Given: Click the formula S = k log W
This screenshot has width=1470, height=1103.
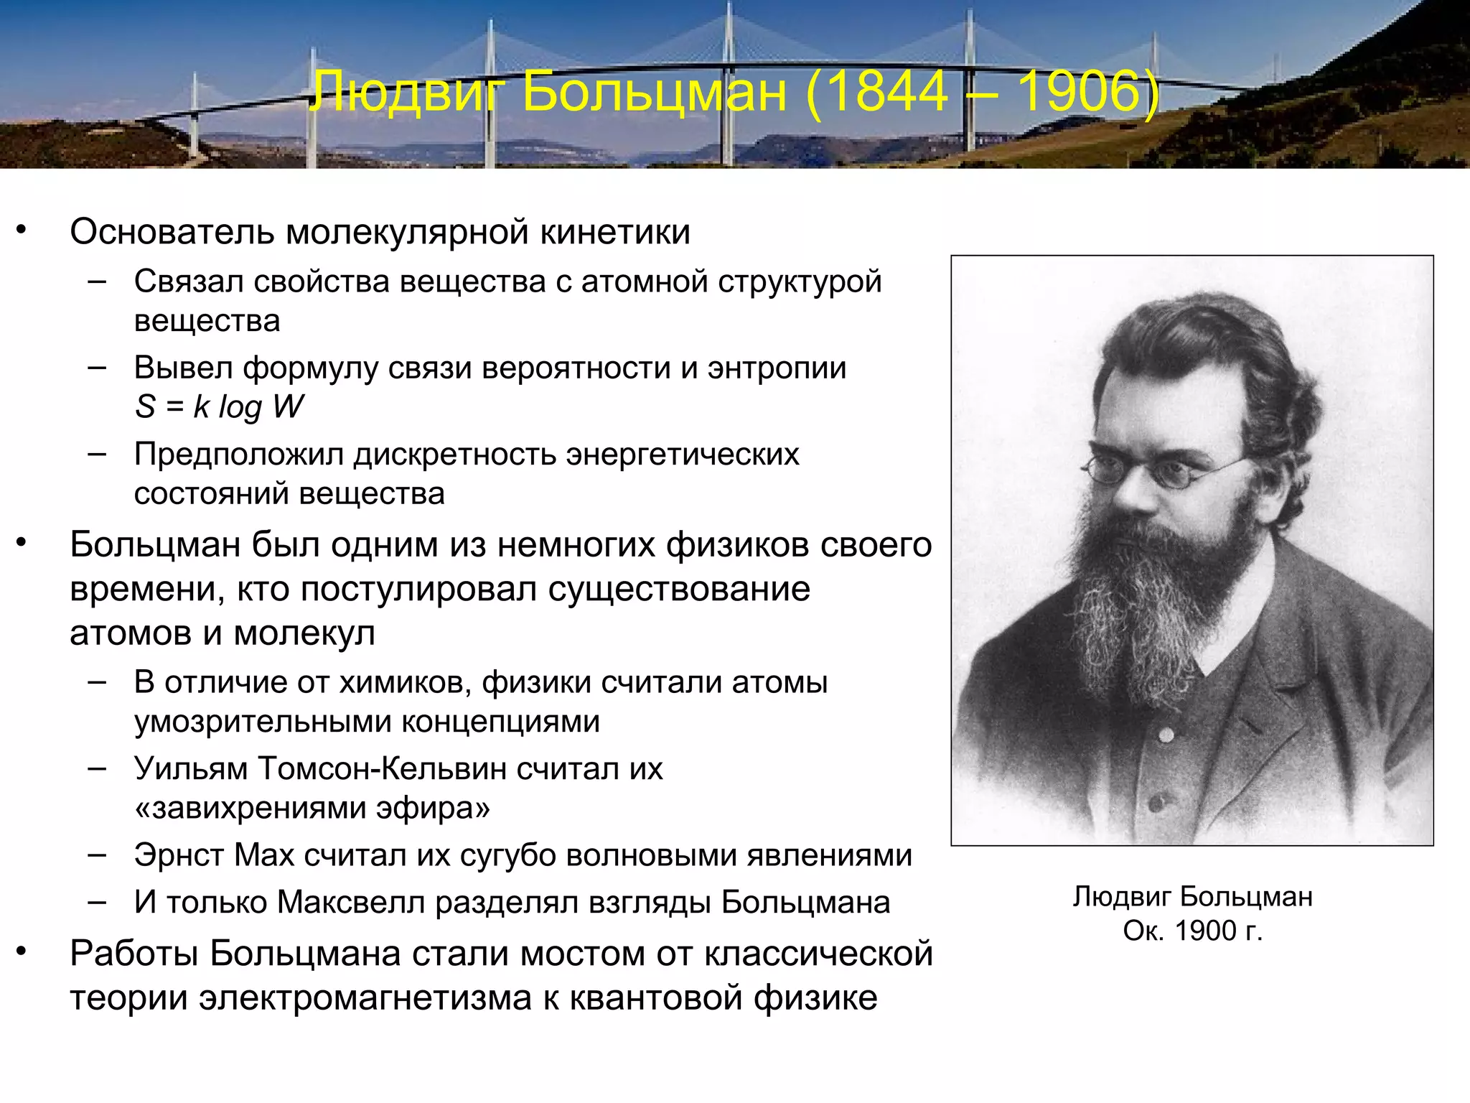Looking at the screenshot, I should (219, 406).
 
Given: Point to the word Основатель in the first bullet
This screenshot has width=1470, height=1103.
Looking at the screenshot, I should (172, 232).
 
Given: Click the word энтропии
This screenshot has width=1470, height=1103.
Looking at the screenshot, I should (777, 368).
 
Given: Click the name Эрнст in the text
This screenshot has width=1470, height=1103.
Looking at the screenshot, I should (179, 855).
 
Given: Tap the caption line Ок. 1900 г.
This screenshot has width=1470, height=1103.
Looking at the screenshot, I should (1192, 931).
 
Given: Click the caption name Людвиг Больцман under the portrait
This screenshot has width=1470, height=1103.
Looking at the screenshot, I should (1192, 897).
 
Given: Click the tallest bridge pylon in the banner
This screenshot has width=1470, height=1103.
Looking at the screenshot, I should (730, 79).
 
